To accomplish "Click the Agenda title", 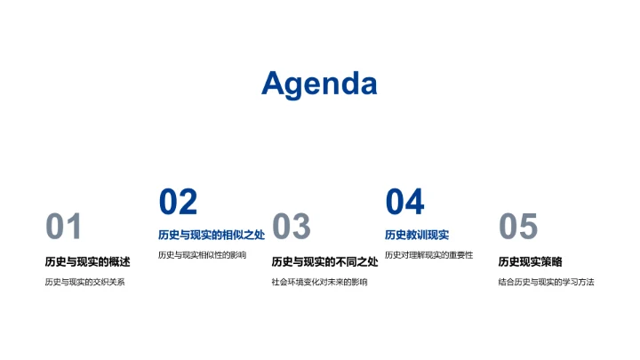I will (x=319, y=83).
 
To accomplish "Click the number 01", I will (x=63, y=228).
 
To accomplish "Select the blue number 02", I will (x=178, y=202).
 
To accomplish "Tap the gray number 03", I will (x=291, y=228).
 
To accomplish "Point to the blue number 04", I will (x=404, y=202).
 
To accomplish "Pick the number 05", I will (x=518, y=228).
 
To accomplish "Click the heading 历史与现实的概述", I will (x=87, y=261).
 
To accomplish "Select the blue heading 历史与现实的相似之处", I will (x=212, y=235).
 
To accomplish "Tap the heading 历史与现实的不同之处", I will (x=324, y=261).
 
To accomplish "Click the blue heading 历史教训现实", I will (x=417, y=235).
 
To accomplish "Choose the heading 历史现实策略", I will (x=531, y=261).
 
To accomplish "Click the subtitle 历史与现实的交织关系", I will (x=85, y=283).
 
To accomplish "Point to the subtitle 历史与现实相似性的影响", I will (x=202, y=256).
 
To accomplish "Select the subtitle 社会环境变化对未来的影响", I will (x=319, y=283).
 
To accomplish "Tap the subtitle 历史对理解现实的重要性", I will (x=428, y=256).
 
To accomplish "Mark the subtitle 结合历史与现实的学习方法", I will (x=546, y=283).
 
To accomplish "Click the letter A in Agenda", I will (x=275, y=83).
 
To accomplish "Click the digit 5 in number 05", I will (x=529, y=228).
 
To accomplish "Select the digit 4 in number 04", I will (x=415, y=202).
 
